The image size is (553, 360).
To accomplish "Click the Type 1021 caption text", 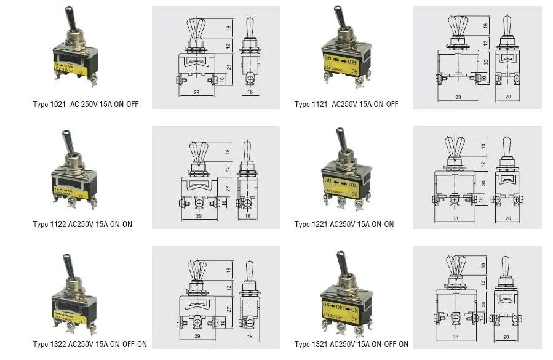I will [86, 104].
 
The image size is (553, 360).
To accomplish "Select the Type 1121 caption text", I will [346, 104].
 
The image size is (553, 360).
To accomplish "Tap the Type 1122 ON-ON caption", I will [82, 224].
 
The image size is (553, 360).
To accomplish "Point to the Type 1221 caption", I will [344, 224].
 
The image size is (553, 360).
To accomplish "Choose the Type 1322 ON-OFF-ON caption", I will [90, 344].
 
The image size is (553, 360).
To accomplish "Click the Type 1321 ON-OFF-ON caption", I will [351, 344].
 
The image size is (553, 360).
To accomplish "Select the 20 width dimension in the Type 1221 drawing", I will [508, 217].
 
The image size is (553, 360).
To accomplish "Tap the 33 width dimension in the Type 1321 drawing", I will [456, 337].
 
